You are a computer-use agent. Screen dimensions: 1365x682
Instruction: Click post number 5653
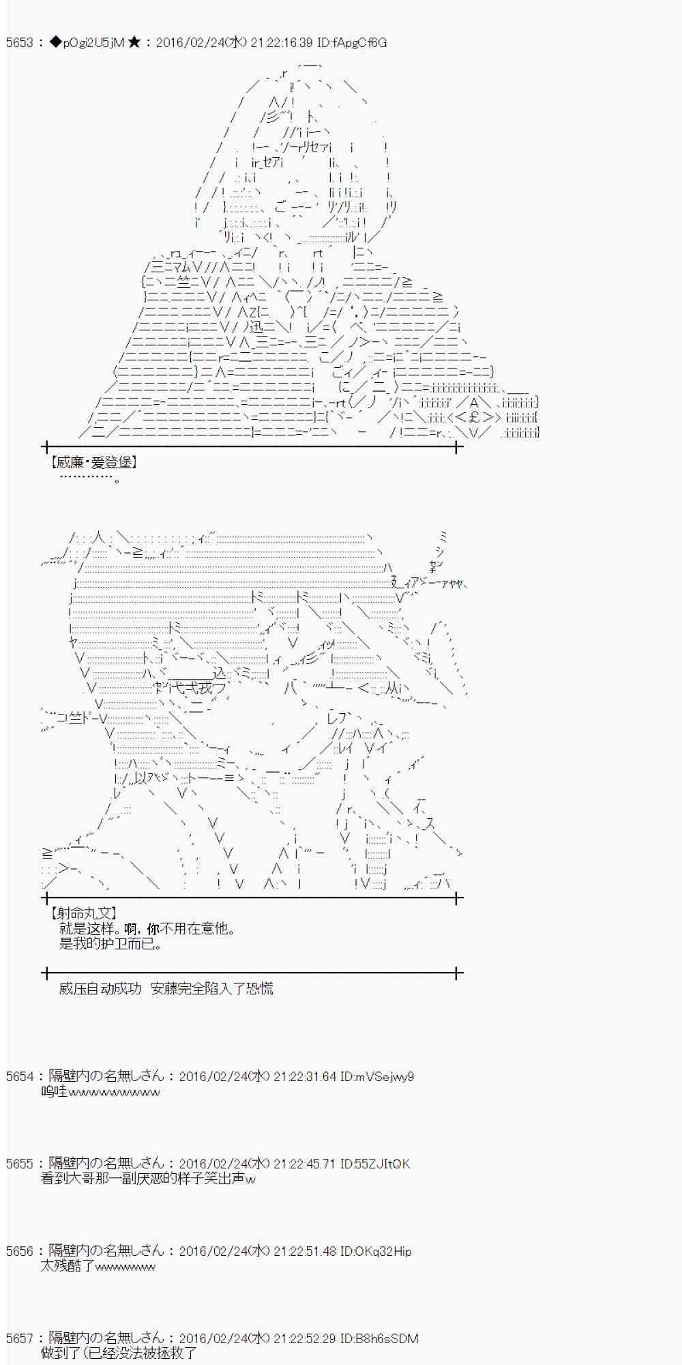point(19,43)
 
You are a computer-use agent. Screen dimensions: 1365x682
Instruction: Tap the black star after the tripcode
point(134,43)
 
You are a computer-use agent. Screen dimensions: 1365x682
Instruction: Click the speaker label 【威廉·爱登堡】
point(93,463)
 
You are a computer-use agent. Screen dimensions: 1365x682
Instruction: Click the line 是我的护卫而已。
point(110,945)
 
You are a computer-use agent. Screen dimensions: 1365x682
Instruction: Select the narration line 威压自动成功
point(100,988)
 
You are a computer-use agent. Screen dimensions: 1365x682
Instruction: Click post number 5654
point(19,1076)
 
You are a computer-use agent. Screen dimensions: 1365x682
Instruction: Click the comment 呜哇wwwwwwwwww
point(100,1092)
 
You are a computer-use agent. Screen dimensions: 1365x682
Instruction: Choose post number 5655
point(19,1164)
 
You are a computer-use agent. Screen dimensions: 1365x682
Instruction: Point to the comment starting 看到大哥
point(148,1179)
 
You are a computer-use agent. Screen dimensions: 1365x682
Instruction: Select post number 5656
point(19,1251)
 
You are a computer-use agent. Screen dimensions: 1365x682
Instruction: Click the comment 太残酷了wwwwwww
point(98,1267)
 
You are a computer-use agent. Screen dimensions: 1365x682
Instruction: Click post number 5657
point(19,1338)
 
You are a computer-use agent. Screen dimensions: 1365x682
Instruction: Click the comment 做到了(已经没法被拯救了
point(119,1353)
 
